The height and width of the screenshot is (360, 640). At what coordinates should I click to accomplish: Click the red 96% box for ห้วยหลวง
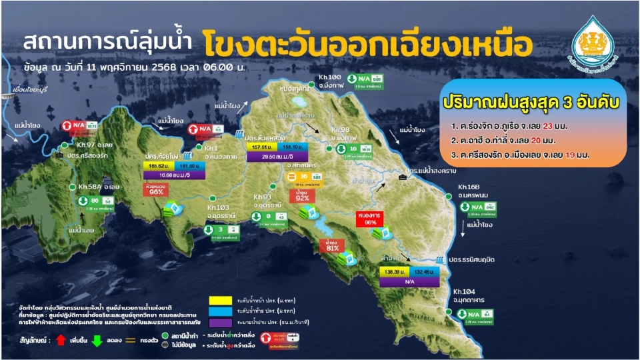point(157,189)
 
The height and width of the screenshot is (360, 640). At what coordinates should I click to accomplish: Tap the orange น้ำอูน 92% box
point(303,195)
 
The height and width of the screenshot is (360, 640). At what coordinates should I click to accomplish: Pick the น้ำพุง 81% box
point(329,245)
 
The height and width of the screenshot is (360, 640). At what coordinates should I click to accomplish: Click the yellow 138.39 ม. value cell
point(393,272)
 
